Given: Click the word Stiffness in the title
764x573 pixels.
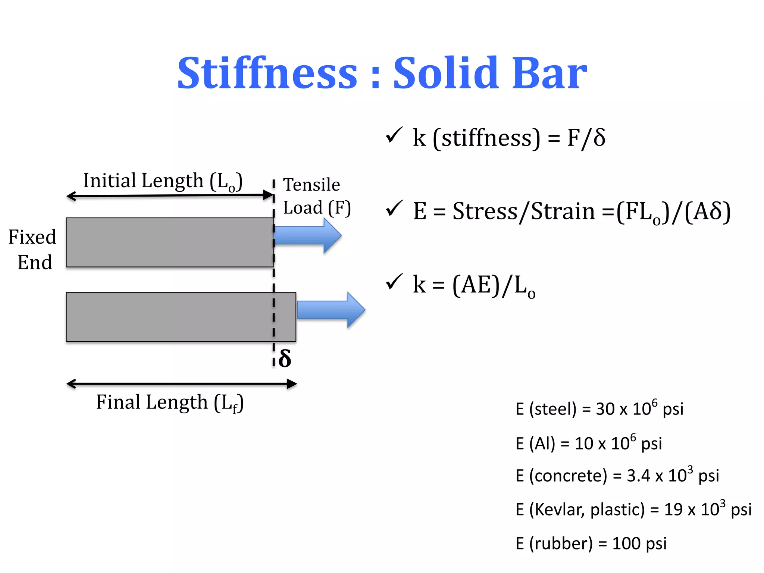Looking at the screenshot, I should [267, 73].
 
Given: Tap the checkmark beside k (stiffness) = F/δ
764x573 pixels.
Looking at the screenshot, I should [394, 135].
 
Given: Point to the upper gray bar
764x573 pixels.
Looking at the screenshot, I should [170, 242].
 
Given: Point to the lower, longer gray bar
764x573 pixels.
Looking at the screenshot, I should [181, 317].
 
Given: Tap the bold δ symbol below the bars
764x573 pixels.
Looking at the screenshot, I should [285, 359].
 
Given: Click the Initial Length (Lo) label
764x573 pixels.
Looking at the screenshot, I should [163, 181].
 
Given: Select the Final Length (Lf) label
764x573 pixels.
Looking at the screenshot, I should [170, 403].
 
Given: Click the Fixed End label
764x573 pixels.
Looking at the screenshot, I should [33, 249].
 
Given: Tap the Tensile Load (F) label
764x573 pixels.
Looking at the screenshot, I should [316, 196].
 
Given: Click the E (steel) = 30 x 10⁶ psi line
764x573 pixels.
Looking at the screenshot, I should [599, 409].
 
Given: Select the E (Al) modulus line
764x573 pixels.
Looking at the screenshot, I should [588, 443].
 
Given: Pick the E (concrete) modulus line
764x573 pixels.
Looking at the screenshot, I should [617, 476].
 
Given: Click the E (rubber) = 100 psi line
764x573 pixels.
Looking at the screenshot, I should [591, 544].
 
